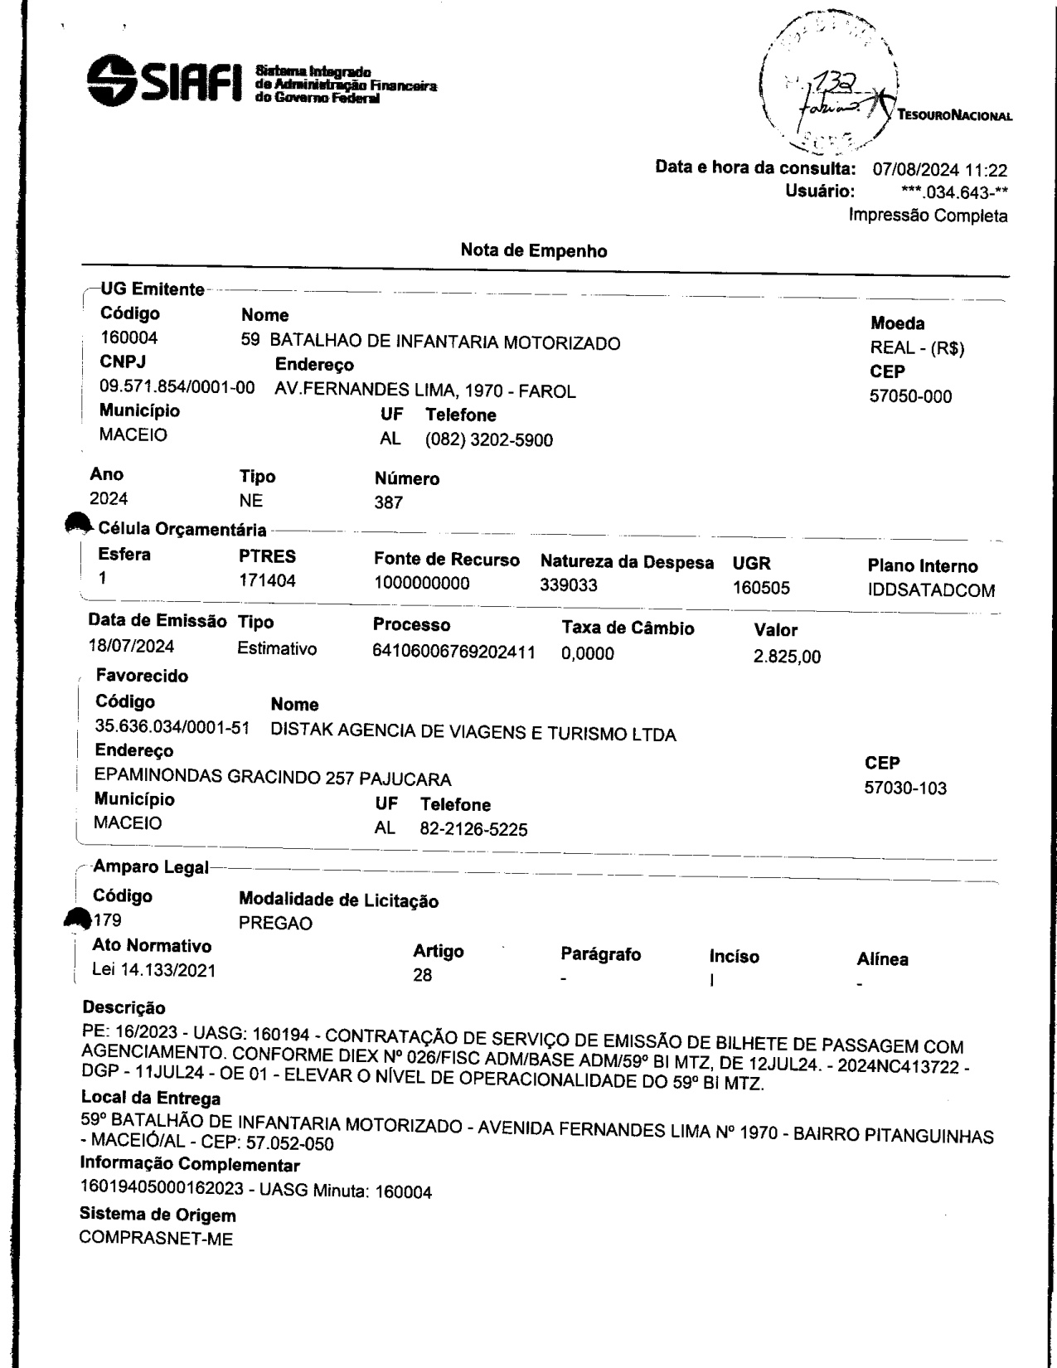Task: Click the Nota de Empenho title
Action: click(x=533, y=250)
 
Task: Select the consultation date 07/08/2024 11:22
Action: click(x=940, y=171)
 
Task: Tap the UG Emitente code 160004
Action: click(x=128, y=338)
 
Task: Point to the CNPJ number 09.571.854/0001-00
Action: click(x=177, y=387)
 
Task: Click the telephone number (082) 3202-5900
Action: click(x=488, y=439)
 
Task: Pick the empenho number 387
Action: click(x=389, y=502)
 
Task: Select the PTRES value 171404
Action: click(x=267, y=581)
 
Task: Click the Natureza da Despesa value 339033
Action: click(x=569, y=586)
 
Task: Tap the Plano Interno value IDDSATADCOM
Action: click(x=931, y=590)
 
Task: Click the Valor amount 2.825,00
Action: click(x=787, y=657)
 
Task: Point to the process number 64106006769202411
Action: click(x=453, y=652)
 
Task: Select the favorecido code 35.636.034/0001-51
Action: click(x=172, y=727)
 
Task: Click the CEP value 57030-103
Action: click(x=905, y=788)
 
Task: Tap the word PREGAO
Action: click(x=275, y=924)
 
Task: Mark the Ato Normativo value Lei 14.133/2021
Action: click(x=153, y=970)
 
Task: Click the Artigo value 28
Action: click(x=423, y=975)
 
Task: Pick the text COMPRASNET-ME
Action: click(x=156, y=1239)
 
